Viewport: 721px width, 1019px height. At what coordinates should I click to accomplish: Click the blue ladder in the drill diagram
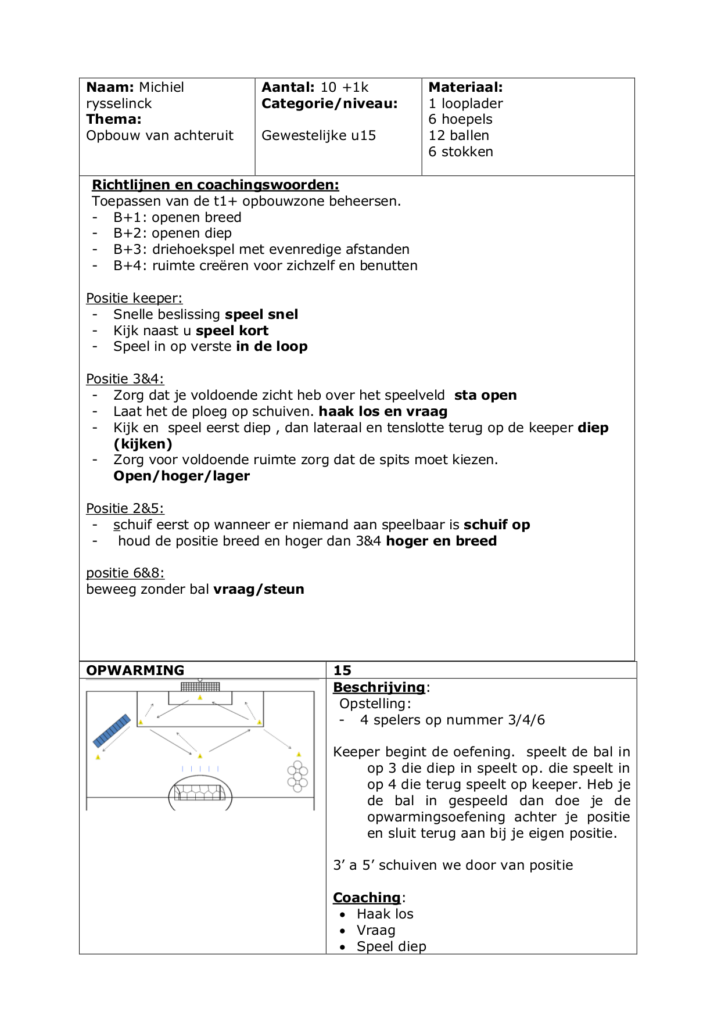click(x=112, y=731)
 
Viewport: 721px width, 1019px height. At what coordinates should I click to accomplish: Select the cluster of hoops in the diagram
click(x=297, y=777)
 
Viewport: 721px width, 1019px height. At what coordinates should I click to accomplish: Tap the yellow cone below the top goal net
click(x=200, y=697)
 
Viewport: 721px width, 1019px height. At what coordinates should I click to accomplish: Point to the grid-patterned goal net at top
click(x=200, y=687)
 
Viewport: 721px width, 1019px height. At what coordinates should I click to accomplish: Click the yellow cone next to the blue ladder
click(x=98, y=757)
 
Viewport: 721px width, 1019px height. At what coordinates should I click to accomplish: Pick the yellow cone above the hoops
click(x=299, y=755)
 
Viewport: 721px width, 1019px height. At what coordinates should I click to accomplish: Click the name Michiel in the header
click(x=162, y=87)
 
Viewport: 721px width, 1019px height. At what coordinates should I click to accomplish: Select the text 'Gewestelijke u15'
click(x=318, y=135)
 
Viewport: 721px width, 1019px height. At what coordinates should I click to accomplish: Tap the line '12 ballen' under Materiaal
click(x=458, y=135)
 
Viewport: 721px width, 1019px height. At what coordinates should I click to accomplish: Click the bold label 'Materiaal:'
click(x=465, y=87)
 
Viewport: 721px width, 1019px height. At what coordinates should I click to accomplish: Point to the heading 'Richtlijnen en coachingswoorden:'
click(x=215, y=185)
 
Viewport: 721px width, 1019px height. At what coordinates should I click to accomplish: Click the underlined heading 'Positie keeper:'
click(x=134, y=298)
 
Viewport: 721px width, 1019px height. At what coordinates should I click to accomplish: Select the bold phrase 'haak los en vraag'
click(x=383, y=411)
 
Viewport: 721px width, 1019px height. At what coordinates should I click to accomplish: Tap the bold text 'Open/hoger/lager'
click(x=181, y=476)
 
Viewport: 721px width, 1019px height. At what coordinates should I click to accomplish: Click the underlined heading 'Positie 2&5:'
click(x=125, y=508)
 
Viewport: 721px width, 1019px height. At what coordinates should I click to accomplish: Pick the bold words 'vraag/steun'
click(x=259, y=589)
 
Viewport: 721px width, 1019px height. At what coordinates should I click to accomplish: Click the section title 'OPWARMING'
click(x=135, y=670)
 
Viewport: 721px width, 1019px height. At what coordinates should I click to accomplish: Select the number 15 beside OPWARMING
click(x=342, y=670)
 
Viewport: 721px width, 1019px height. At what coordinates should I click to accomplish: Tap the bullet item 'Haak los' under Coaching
click(x=385, y=914)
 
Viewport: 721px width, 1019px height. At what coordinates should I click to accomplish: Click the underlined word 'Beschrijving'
click(x=379, y=687)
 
